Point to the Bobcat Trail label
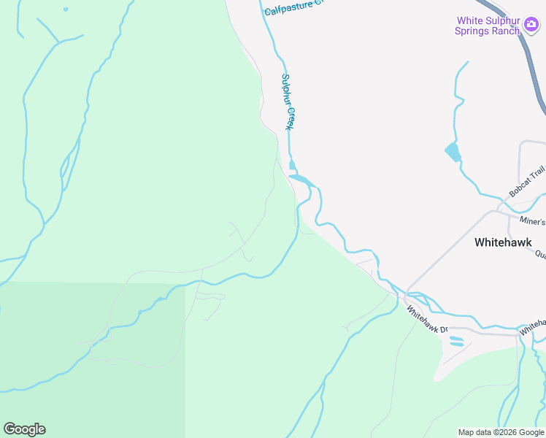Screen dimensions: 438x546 click(x=527, y=182)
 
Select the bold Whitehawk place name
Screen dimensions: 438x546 click(x=510, y=242)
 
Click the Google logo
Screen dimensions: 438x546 click(x=24, y=429)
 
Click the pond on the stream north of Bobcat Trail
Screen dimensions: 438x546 click(x=453, y=152)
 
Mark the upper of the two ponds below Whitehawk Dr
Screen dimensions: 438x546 click(x=455, y=337)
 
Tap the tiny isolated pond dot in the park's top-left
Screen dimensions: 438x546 click(x=65, y=9)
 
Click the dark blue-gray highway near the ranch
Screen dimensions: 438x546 click(x=537, y=80)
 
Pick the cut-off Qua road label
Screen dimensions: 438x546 click(x=540, y=255)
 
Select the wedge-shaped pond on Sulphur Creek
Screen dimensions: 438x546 click(x=301, y=179)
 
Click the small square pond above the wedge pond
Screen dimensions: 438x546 click(x=293, y=165)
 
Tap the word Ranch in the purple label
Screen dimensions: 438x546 click(x=506, y=31)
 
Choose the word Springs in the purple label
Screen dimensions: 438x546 click(x=475, y=31)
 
